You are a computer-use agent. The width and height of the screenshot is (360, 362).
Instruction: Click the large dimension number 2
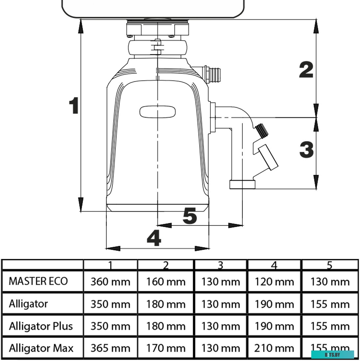coord(306,70)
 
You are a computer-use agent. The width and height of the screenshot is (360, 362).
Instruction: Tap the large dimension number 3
coord(307,149)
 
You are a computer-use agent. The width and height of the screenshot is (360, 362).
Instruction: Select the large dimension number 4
coord(154,238)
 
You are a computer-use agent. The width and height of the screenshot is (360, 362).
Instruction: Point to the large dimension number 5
coord(190,216)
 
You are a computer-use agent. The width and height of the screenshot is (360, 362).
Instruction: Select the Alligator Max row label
coord(41,348)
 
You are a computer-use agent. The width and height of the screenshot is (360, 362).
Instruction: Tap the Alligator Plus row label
coord(41,326)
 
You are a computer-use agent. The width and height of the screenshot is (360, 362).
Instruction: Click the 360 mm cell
coord(110,282)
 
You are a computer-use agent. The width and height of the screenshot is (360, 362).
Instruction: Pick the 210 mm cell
coord(274,348)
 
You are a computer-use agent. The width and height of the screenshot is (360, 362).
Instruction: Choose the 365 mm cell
coord(110,348)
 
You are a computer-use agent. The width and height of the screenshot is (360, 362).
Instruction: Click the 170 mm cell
coord(166,348)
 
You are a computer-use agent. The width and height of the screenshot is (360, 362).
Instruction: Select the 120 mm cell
coord(274,282)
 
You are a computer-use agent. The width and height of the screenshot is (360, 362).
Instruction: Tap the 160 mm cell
coord(166,282)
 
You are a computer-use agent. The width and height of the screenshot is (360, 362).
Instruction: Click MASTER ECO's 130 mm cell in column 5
coord(330,282)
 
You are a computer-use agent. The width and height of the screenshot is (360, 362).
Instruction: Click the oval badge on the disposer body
coord(158,112)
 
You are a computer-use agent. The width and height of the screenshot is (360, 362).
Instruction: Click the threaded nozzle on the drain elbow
coord(262,130)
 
